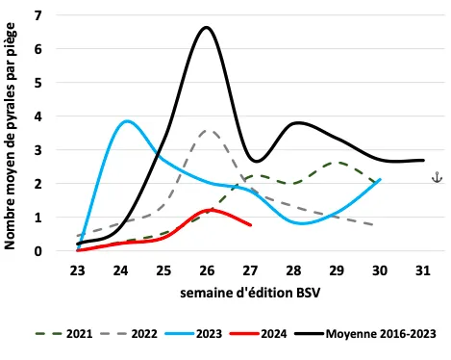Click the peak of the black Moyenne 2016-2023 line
coord(207,28)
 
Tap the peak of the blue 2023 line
coord(127,121)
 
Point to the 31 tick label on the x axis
coord(422,270)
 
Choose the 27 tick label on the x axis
coord(250,270)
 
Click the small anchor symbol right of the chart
coord(436,177)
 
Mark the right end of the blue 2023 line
coord(380,179)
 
